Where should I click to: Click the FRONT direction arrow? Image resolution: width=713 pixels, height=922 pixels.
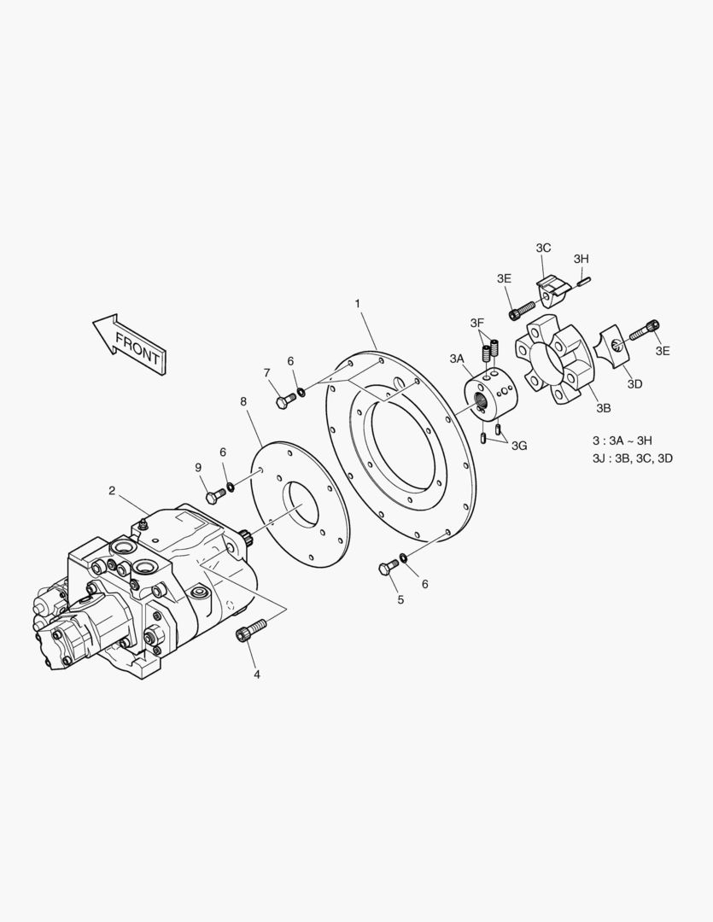(x=131, y=345)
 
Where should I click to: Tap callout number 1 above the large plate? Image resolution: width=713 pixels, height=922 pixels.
(x=357, y=303)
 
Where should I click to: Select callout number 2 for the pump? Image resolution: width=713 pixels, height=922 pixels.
(x=112, y=490)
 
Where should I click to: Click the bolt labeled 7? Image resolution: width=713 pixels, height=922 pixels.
(x=285, y=401)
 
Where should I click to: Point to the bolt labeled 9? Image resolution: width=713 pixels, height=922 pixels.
(x=215, y=495)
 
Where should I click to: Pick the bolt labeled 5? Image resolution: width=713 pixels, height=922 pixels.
(x=389, y=568)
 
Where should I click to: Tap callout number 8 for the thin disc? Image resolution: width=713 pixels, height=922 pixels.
(x=243, y=401)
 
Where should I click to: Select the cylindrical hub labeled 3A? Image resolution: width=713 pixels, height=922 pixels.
(x=491, y=394)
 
